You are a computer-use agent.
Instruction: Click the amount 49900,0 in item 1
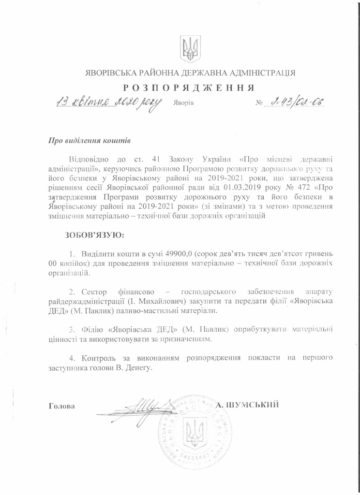(x=179, y=254)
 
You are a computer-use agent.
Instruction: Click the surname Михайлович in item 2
(x=153, y=301)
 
